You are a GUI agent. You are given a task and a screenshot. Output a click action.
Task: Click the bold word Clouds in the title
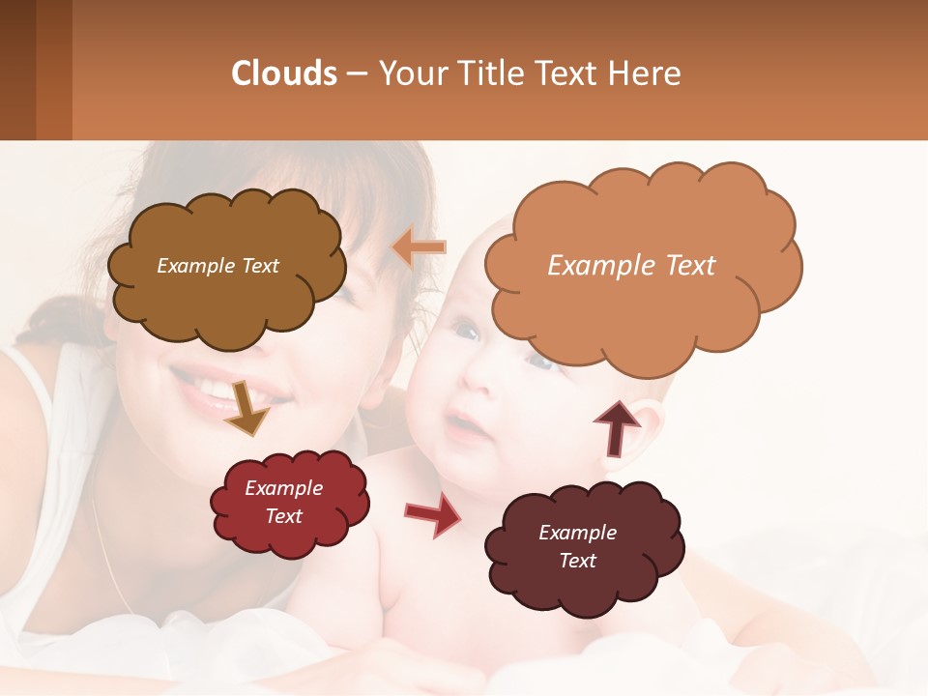click(x=284, y=73)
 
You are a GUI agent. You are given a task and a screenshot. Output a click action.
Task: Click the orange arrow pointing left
click(x=420, y=247)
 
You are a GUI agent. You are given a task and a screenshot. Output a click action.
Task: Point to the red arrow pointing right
click(x=432, y=513)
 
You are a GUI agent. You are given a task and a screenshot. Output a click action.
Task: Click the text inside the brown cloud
click(x=217, y=266)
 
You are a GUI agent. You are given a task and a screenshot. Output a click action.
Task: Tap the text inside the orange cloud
click(x=631, y=266)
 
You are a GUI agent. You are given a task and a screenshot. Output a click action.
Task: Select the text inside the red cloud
click(x=283, y=502)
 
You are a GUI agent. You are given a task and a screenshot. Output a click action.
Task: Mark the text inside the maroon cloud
click(x=577, y=546)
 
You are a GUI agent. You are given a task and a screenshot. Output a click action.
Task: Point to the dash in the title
click(x=356, y=74)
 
